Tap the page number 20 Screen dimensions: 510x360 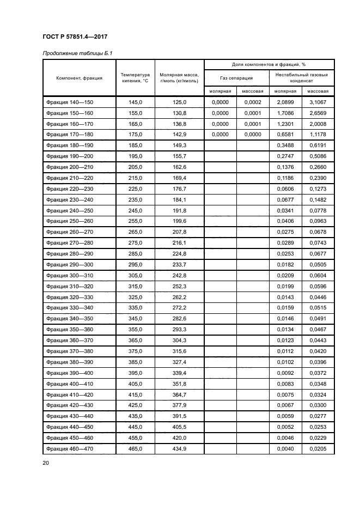click(46, 463)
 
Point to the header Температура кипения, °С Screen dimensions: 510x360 click(135, 78)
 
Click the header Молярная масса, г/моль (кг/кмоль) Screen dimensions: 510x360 click(179, 78)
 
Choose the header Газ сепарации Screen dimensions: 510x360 click(236, 78)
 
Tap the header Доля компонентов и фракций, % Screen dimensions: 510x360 click(269, 64)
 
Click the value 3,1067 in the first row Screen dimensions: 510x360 click(318, 102)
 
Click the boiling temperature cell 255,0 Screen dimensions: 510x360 click(135, 221)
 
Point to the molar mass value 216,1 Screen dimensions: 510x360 click(179, 242)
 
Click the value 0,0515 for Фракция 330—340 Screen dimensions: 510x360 click(318, 308)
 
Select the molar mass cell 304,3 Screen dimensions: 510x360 click(179, 341)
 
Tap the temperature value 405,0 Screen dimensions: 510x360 click(135, 384)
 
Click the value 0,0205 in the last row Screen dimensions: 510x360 click(318, 448)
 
